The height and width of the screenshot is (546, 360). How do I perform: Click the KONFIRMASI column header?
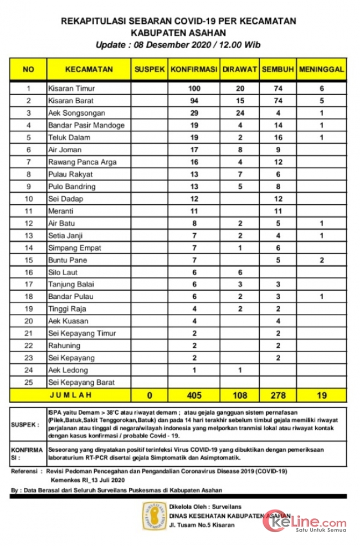(x=194, y=69)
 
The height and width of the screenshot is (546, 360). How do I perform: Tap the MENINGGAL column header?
(x=322, y=69)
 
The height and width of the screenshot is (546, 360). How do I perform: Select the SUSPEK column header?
(x=150, y=69)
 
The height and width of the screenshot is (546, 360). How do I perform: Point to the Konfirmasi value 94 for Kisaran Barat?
(x=194, y=101)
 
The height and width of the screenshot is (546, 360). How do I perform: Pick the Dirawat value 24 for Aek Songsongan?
(x=240, y=113)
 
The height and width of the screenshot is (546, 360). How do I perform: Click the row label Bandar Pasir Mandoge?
(x=86, y=125)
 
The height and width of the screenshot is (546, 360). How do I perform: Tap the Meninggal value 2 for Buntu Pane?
(x=322, y=260)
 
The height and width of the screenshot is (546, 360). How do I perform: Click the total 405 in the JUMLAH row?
(x=194, y=395)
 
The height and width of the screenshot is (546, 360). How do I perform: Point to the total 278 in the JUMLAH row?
(x=278, y=395)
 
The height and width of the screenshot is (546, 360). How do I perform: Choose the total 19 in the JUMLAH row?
(x=322, y=395)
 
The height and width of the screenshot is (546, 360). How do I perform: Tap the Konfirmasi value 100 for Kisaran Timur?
(x=194, y=89)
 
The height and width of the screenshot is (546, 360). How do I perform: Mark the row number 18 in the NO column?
(x=28, y=296)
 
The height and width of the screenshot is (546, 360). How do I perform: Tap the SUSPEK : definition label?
(x=25, y=424)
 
